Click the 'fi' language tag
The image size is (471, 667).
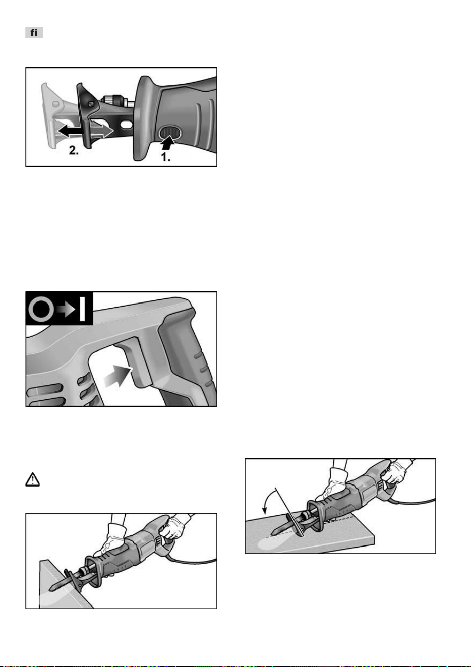[x=34, y=32]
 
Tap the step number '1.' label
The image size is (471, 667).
[x=166, y=157]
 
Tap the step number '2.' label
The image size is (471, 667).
[x=74, y=150]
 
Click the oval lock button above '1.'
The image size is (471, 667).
[x=170, y=132]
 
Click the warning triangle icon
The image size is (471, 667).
[x=32, y=479]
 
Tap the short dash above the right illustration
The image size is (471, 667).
[x=417, y=443]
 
